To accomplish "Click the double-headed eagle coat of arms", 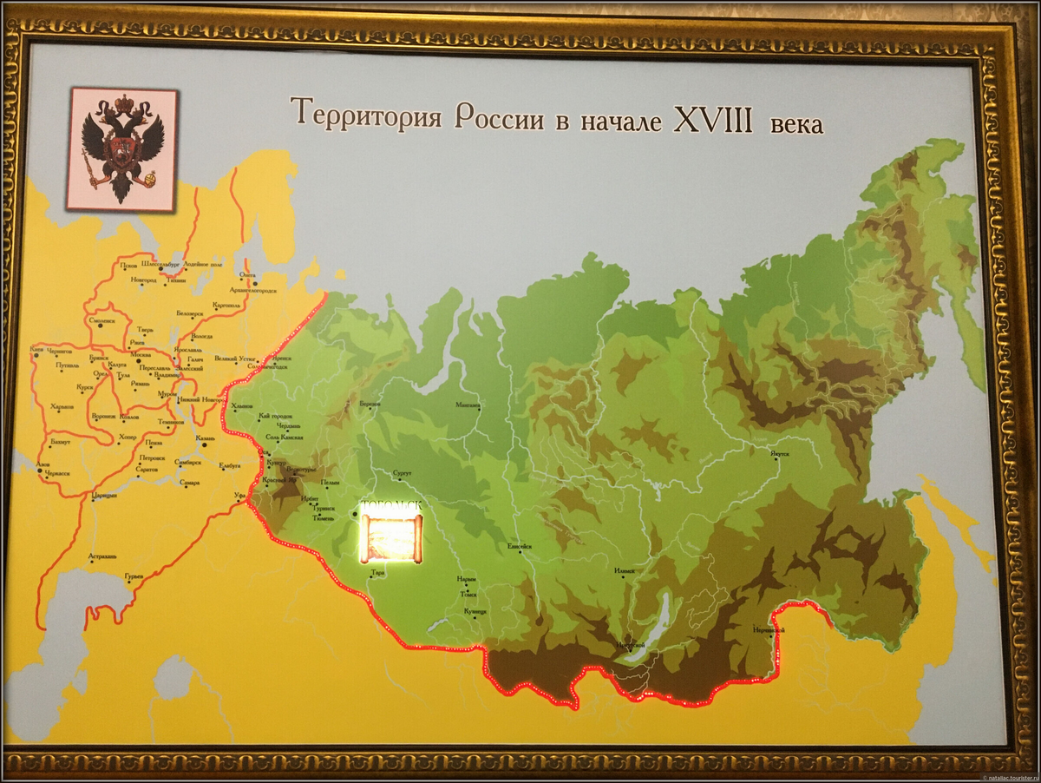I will click(x=122, y=149).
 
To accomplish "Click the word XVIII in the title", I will click(x=713, y=118).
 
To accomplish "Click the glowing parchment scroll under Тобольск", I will click(x=390, y=538).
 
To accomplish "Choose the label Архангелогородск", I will click(x=253, y=289).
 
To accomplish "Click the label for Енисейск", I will click(x=520, y=546).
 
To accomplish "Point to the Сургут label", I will click(x=403, y=474).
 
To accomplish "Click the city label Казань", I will click(x=206, y=438).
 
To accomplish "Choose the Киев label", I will click(x=36, y=350).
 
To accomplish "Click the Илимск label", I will click(x=625, y=570).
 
